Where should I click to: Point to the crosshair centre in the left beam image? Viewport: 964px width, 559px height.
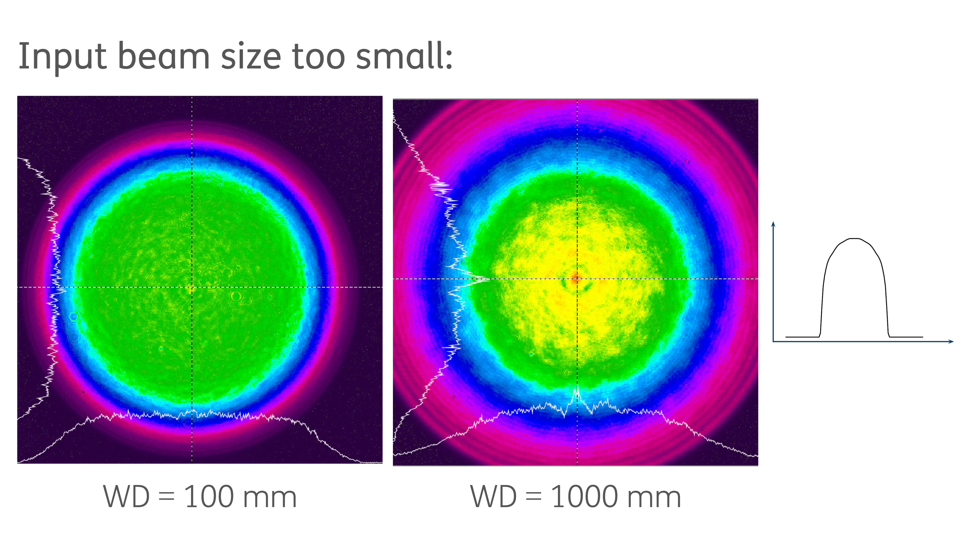192,287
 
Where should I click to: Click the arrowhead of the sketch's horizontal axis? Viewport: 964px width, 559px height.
951,341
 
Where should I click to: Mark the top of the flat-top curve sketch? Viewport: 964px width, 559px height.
855,239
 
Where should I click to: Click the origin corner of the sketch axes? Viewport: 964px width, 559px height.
773,341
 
